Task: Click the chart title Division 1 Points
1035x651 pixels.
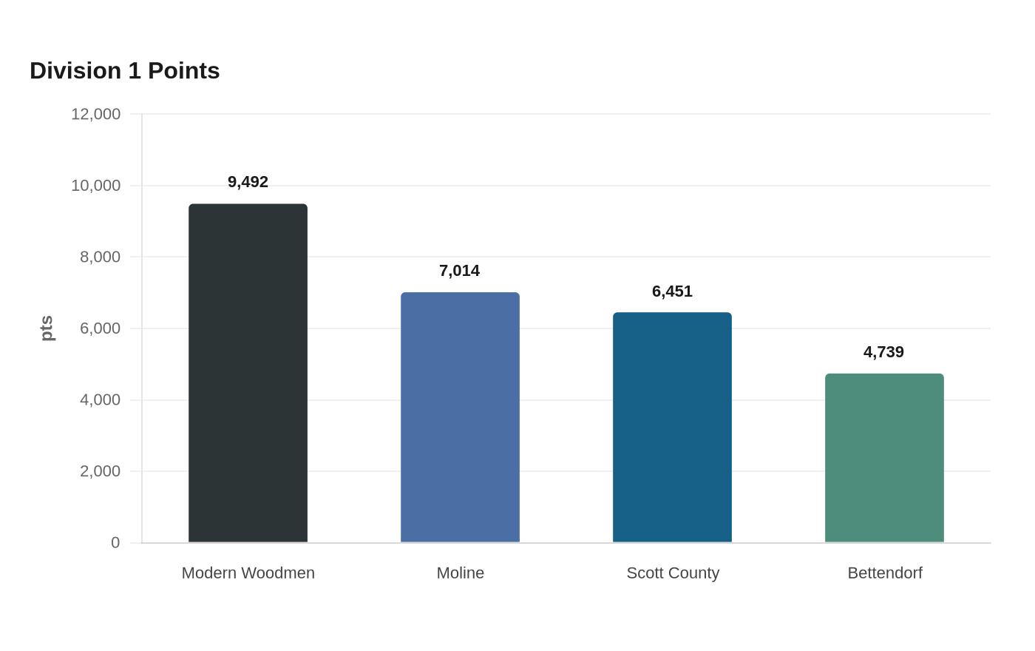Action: tap(125, 71)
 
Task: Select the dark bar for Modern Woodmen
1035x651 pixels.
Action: tap(248, 373)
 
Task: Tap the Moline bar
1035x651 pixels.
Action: tap(460, 417)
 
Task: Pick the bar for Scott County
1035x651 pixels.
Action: tap(672, 428)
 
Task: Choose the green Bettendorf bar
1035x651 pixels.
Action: tap(884, 458)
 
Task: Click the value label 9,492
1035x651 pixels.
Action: tap(248, 182)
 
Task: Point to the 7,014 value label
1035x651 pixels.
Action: tap(460, 271)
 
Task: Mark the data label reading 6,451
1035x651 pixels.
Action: tap(672, 291)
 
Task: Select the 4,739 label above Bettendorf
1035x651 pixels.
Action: tap(884, 352)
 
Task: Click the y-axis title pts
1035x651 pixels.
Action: tap(47, 328)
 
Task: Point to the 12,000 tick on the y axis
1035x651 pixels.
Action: tap(95, 114)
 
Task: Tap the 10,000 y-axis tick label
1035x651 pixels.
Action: tap(95, 186)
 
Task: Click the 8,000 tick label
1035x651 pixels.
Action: tap(101, 257)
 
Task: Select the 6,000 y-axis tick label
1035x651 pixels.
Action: tap(101, 328)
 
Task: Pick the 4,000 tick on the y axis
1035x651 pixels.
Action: tap(101, 400)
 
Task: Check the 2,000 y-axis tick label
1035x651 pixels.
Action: tap(101, 472)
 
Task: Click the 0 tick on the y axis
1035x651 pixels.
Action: tap(115, 543)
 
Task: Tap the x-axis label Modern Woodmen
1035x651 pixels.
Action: tap(248, 573)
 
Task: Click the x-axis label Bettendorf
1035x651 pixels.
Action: tap(885, 573)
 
